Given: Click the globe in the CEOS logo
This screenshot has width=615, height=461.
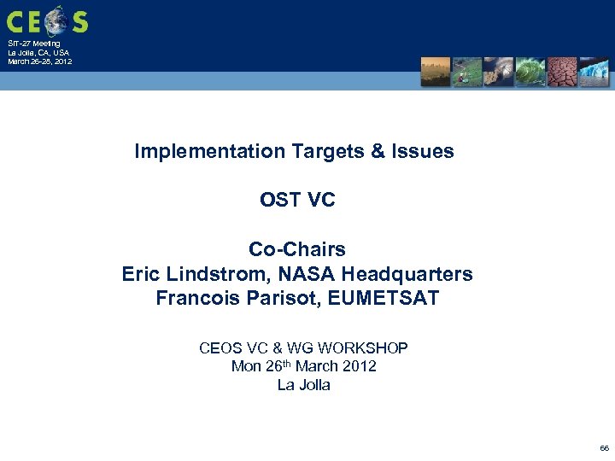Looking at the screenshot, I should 57,19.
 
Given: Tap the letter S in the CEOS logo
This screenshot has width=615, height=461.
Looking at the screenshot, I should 79,20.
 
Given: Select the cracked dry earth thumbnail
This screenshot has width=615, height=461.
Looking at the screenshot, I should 562,72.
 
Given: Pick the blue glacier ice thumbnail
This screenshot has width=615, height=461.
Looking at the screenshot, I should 594,72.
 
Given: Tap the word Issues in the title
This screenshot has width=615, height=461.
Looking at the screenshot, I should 422,152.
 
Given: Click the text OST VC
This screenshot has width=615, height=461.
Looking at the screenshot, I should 297,200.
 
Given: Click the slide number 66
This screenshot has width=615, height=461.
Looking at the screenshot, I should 604,447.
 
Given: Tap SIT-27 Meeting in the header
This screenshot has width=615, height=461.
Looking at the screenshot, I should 34,44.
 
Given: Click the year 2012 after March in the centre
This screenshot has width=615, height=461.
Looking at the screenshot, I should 357,366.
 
